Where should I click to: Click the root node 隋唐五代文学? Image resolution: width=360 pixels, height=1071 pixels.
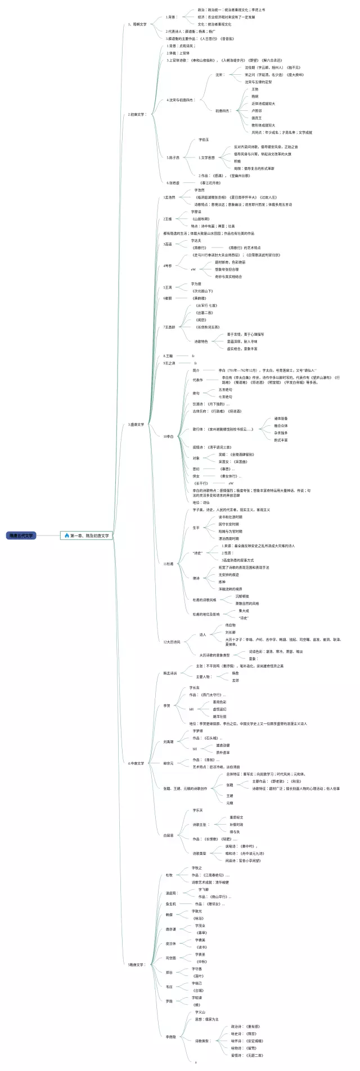pyautogui.click(x=21, y=535)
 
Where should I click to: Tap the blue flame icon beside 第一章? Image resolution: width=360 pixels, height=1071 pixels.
pyautogui.click(x=67, y=535)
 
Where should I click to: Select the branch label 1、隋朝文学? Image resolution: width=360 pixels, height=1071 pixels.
pyautogui.click(x=137, y=24)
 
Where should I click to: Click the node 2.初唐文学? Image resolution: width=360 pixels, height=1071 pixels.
pyautogui.click(x=137, y=114)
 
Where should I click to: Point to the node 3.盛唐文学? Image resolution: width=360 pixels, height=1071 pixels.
pyautogui.click(x=136, y=425)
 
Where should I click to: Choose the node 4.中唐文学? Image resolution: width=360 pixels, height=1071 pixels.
pyautogui.click(x=136, y=763)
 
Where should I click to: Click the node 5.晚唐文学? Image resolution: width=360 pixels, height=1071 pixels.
pyautogui.click(x=137, y=965)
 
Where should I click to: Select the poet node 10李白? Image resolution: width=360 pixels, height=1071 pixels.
pyautogui.click(x=168, y=436)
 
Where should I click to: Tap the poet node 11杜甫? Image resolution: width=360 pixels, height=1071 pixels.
pyautogui.click(x=168, y=563)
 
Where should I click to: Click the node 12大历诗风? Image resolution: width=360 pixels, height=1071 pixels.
pyautogui.click(x=172, y=642)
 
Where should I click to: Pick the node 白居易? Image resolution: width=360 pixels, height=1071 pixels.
pyautogui.click(x=168, y=835)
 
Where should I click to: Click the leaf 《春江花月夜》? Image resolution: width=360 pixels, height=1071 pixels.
pyautogui.click(x=209, y=183)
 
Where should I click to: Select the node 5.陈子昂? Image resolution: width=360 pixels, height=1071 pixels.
pyautogui.click(x=173, y=157)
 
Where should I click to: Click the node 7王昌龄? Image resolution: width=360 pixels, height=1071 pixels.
pyautogui.click(x=169, y=327)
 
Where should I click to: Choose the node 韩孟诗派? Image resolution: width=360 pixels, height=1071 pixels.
pyautogui.click(x=170, y=673)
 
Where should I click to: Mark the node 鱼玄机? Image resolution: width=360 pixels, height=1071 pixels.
pyautogui.click(x=170, y=904)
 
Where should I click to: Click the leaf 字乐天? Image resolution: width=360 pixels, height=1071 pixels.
pyautogui.click(x=197, y=811)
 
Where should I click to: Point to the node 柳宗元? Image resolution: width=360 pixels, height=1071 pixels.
pyautogui.click(x=168, y=763)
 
